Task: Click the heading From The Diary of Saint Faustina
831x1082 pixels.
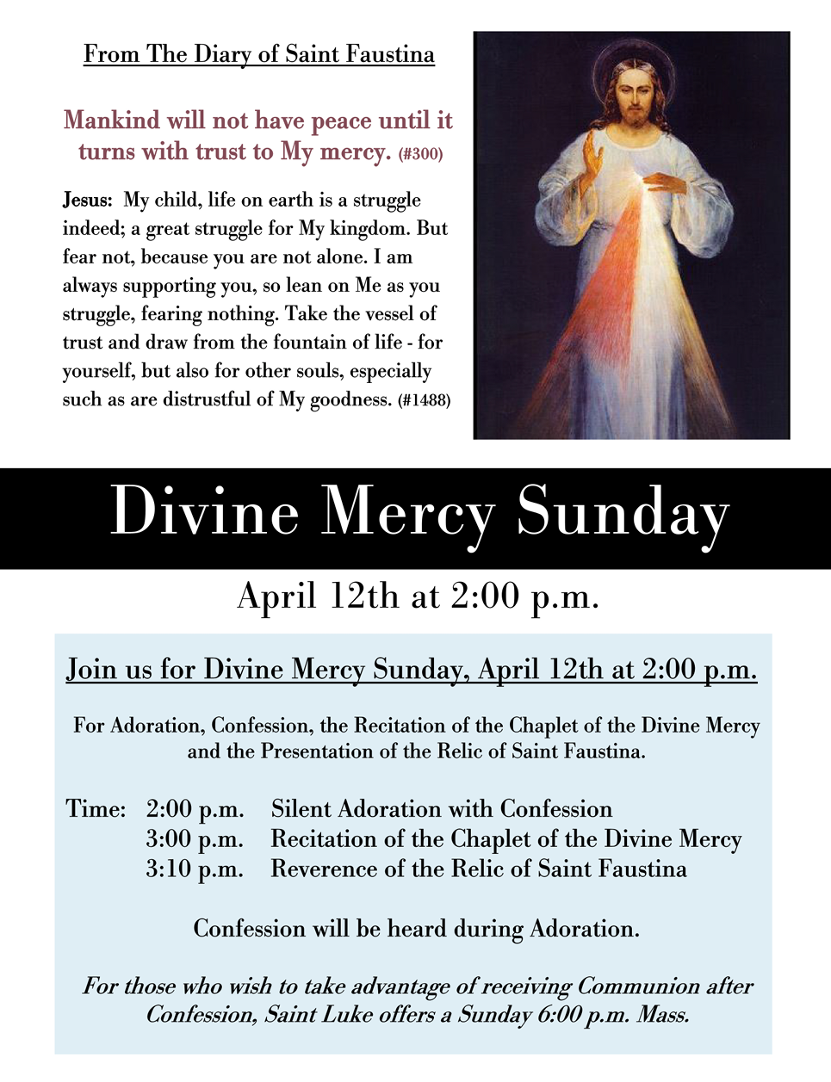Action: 258,54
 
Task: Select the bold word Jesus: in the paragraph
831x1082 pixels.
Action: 87,201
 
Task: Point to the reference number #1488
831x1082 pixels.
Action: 424,400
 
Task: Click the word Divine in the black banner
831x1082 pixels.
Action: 204,513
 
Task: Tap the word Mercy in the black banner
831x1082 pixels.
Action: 406,513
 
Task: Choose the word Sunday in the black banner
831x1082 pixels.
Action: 622,513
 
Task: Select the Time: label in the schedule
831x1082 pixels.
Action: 96,809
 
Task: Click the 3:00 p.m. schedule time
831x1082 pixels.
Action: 195,839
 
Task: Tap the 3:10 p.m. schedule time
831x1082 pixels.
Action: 195,869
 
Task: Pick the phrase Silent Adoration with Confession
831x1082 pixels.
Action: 441,809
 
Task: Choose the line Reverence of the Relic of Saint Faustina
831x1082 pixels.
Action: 478,869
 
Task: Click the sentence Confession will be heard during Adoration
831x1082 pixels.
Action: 416,929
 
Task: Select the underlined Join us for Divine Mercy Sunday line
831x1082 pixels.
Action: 412,670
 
